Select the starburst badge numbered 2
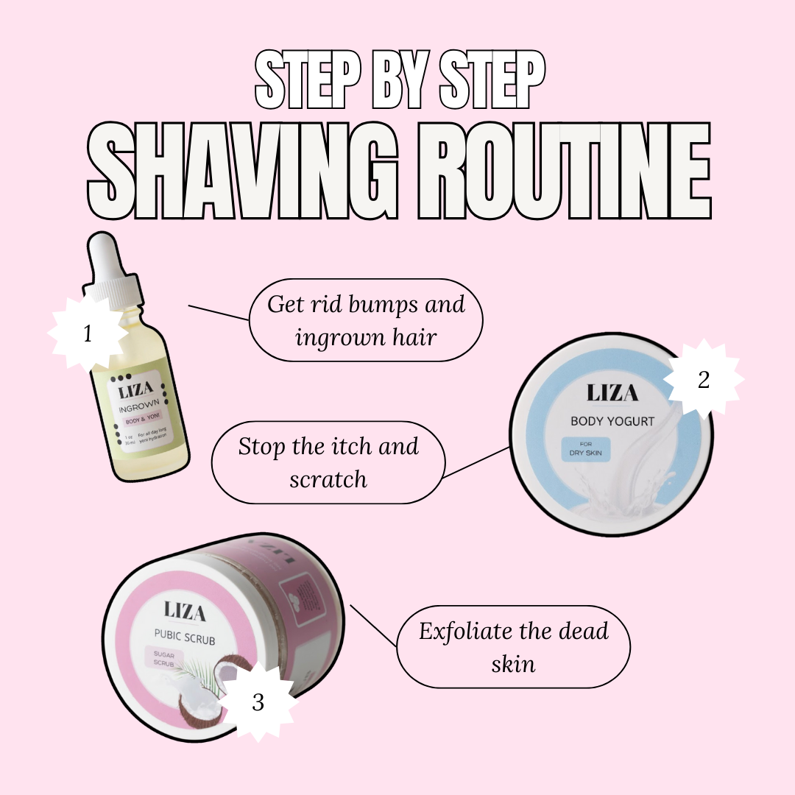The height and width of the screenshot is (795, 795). tap(703, 381)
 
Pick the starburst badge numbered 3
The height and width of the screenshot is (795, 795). tap(258, 702)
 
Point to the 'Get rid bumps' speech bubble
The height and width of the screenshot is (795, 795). tap(366, 320)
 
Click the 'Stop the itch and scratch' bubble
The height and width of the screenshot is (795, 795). tap(328, 462)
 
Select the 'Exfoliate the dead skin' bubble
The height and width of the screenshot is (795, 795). tap(513, 647)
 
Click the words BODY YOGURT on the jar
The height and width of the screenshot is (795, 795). tap(612, 422)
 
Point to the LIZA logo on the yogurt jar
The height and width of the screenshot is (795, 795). tap(612, 394)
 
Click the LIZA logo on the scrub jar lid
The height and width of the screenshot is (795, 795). tap(184, 612)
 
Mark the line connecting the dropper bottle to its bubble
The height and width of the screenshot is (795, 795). tap(219, 313)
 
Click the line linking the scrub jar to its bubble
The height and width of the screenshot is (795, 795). tap(373, 626)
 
